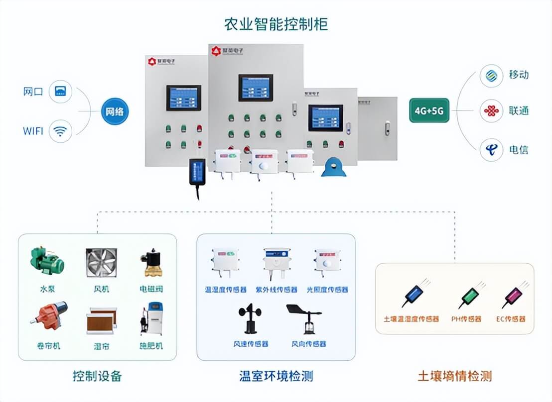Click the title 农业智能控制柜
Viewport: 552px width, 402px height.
(x=276, y=24)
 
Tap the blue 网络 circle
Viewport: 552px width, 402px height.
(x=114, y=111)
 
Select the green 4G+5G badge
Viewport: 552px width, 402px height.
(x=429, y=111)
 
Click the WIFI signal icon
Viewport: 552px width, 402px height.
(x=61, y=131)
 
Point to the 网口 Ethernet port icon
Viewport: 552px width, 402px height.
(x=61, y=92)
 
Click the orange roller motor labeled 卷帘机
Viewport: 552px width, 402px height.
(x=48, y=317)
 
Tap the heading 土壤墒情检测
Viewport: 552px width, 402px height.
(x=454, y=376)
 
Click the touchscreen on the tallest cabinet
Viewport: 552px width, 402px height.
(x=255, y=88)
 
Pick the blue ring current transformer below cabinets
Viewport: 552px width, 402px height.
(x=333, y=168)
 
